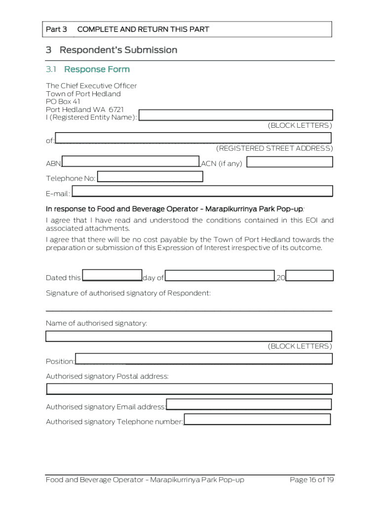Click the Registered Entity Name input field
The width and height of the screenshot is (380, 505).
[x=236, y=115]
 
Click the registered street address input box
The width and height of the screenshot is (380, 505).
[x=193, y=138]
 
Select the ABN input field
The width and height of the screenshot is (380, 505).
[x=131, y=161]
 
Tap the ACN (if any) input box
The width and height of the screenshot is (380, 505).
[x=290, y=162]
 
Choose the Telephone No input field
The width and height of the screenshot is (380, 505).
[x=150, y=177]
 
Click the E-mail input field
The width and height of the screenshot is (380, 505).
[x=202, y=191]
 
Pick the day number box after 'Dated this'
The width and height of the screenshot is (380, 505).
[x=112, y=276]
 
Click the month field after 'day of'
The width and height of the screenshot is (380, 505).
[x=220, y=276]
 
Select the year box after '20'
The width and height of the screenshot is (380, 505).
[x=309, y=276]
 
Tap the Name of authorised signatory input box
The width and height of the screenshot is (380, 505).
[x=189, y=336]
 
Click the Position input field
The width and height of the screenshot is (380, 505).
[x=203, y=359]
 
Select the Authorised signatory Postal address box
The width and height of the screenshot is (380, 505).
[x=189, y=389]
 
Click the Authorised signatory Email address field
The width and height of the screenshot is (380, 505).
[x=249, y=404]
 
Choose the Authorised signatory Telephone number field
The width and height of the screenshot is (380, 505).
[x=257, y=419]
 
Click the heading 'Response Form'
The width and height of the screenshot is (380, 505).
[x=97, y=69]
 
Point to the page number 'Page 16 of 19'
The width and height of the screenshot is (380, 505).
[x=312, y=480]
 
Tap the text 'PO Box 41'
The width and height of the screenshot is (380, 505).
[x=63, y=102]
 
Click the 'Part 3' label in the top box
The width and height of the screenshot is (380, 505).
[x=56, y=29]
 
